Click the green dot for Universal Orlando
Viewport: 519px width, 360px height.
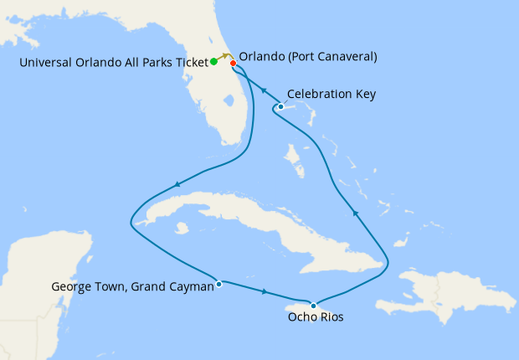[x=214, y=61]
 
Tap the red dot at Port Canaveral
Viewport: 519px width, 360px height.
[x=233, y=63]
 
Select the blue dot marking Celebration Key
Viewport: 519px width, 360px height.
[x=280, y=106]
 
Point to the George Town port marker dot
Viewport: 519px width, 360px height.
[x=218, y=283]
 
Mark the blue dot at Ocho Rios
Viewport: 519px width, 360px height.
[x=313, y=305]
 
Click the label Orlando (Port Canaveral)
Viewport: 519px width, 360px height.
[x=307, y=57]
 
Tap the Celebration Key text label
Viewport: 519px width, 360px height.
[x=331, y=95]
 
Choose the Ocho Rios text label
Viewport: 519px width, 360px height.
[x=314, y=318]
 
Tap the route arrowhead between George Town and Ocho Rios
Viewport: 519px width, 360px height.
[x=265, y=292]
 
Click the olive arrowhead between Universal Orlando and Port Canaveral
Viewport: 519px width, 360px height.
[x=225, y=55]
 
